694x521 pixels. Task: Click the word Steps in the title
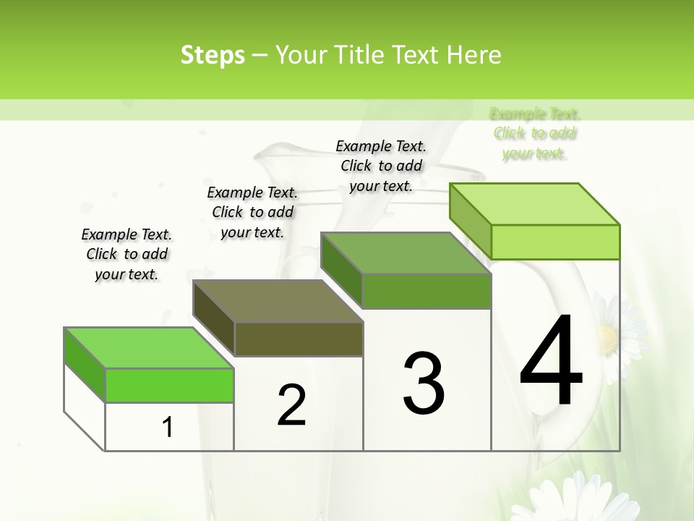(x=213, y=55)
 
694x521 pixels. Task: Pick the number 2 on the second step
(x=291, y=405)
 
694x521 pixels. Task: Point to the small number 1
(x=168, y=427)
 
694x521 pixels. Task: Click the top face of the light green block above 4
(x=535, y=204)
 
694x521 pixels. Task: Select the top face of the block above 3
(x=406, y=253)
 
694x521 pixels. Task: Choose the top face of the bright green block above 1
(x=149, y=348)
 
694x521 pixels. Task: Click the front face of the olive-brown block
(x=299, y=339)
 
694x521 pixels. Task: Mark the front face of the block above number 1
(x=169, y=385)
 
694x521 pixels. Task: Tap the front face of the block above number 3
(x=427, y=291)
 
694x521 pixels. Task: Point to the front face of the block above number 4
(x=555, y=242)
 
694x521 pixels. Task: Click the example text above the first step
(x=127, y=254)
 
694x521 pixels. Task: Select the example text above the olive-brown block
(x=252, y=212)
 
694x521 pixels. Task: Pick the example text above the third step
(x=381, y=166)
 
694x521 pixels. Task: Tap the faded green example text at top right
(x=535, y=134)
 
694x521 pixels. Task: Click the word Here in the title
(x=474, y=55)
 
